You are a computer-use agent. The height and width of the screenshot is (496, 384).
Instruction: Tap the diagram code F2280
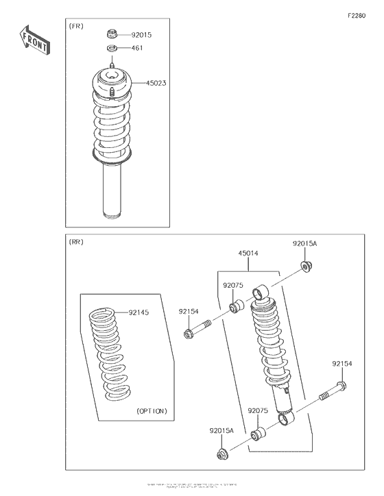tap(357, 15)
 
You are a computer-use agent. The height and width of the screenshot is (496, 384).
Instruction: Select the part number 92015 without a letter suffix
tap(142, 34)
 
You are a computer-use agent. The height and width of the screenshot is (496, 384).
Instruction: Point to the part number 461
tap(137, 49)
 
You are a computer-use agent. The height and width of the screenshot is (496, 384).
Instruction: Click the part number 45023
tap(156, 83)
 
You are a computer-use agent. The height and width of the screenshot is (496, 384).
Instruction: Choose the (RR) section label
tap(76, 243)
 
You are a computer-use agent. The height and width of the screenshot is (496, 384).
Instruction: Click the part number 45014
tap(248, 253)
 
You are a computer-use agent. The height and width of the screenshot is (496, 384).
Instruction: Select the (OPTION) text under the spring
tap(151, 411)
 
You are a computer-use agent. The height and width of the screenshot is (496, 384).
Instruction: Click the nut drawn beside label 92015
tap(112, 34)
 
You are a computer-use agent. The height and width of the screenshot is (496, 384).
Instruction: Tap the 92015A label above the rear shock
tap(306, 243)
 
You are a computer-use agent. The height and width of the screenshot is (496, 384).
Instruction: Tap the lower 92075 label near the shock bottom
tap(257, 410)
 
